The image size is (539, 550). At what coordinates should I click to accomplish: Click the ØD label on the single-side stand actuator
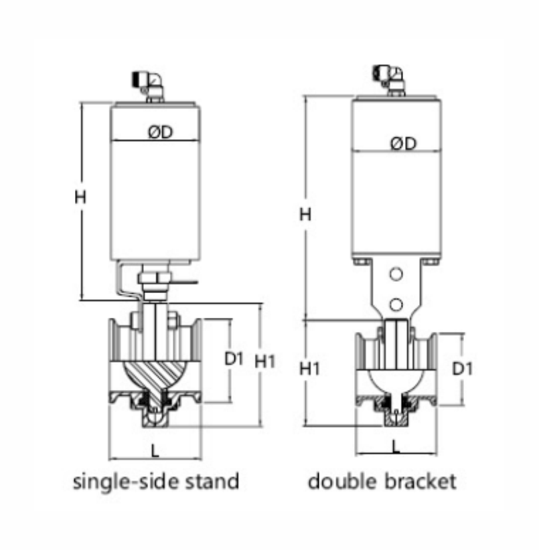pos(161,132)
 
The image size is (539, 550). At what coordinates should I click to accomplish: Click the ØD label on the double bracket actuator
pos(403,143)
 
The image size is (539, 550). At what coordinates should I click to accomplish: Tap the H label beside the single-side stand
pos(80,197)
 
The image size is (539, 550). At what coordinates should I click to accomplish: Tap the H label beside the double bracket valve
pos(305,214)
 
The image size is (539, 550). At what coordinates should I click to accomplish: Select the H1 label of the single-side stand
pos(265,361)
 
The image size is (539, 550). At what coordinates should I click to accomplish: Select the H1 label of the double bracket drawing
pos(309,369)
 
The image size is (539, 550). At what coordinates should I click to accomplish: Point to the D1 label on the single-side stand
pos(234,359)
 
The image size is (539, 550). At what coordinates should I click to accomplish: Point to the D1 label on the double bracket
pos(463,368)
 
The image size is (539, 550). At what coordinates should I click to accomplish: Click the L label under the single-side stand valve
pos(155,450)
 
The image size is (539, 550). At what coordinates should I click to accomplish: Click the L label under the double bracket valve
pos(396,446)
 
